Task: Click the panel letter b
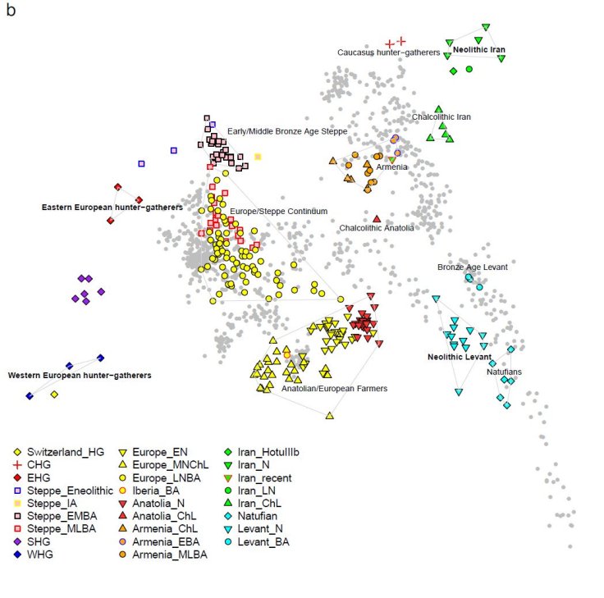pos(11,13)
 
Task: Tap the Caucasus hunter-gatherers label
pos(388,52)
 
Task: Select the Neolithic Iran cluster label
pos(478,50)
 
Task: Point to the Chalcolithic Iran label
pos(442,117)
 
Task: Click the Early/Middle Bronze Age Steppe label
pos(287,131)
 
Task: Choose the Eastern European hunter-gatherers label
pos(112,208)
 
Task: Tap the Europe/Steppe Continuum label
pos(279,212)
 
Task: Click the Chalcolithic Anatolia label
pos(377,228)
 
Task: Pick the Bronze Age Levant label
pos(472,267)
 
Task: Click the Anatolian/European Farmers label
pos(334,389)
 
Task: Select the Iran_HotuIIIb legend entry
pos(272,452)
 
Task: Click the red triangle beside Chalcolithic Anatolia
pos(377,218)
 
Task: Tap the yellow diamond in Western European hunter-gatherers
pos(54,395)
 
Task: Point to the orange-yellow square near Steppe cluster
pos(258,157)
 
